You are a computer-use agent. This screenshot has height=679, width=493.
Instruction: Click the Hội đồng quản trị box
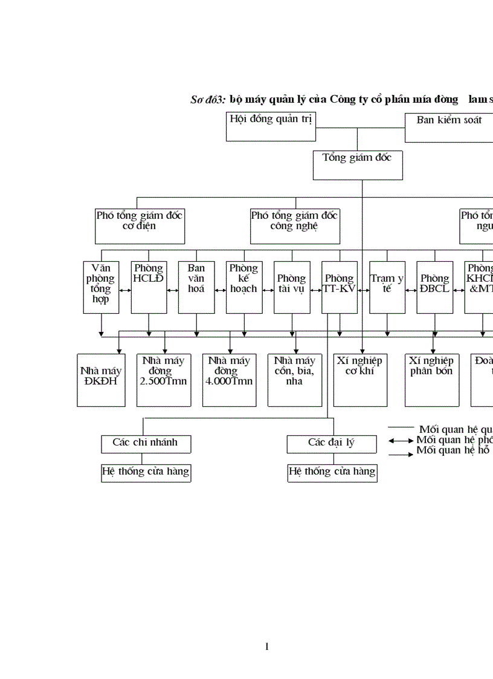(271, 126)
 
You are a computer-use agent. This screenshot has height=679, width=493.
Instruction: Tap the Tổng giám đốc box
(358, 164)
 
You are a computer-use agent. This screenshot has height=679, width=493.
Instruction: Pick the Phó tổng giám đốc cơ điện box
(140, 226)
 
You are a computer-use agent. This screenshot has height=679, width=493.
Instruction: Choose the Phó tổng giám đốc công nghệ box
(295, 226)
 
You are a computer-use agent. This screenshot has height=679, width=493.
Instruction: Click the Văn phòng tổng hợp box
(101, 287)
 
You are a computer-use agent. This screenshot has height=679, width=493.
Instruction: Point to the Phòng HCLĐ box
(149, 287)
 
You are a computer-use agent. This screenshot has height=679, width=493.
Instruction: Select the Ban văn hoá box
(196, 287)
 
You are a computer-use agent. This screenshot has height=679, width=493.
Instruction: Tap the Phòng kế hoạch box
(244, 287)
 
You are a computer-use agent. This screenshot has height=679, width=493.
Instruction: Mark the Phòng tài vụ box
(292, 287)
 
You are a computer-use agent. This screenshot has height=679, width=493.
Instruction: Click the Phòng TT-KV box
(340, 287)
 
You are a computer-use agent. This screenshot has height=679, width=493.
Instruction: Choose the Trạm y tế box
(387, 287)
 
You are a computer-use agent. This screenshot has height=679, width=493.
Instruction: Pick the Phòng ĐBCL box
(435, 287)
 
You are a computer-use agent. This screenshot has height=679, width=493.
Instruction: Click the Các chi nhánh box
(146, 444)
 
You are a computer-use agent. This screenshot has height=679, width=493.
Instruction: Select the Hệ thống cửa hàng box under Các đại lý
(332, 473)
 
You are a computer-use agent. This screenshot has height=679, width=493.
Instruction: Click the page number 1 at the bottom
(266, 647)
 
